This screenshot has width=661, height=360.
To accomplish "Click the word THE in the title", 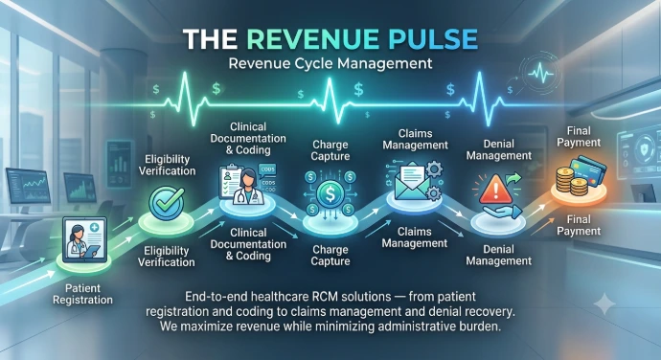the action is tap(210, 39).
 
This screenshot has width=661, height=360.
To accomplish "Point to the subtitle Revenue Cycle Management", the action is tap(330, 63).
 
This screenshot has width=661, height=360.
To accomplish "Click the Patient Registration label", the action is tap(82, 294).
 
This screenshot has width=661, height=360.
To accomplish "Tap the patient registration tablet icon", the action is tap(84, 238).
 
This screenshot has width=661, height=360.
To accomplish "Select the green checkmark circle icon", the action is tap(167, 204).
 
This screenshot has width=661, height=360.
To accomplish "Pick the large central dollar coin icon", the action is tap(330, 194).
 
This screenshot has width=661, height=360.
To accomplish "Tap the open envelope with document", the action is tap(412, 182).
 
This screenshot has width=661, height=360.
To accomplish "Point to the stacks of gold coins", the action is tap(570, 181).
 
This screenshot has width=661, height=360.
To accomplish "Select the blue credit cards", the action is tap(589, 169).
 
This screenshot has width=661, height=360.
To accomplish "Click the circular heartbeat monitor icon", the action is tap(541, 74).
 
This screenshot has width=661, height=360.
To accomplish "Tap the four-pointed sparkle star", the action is tap(604, 304).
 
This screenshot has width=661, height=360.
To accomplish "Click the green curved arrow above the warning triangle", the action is tap(513, 181).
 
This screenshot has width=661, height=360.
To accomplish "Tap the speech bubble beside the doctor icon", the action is tap(267, 169).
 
